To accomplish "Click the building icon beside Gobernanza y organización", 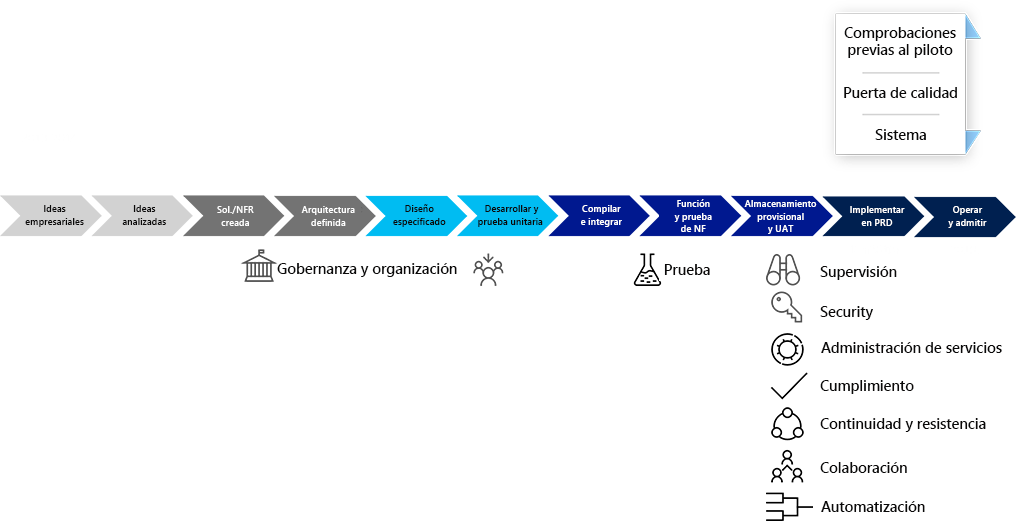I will pyautogui.click(x=258, y=267).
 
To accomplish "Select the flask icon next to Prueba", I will pyautogui.click(x=647, y=270).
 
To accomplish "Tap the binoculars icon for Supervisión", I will pyautogui.click(x=785, y=271).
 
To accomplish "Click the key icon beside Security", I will pyautogui.click(x=785, y=309).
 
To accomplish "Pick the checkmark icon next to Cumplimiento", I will pyautogui.click(x=788, y=385).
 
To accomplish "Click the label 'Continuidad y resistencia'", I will pyautogui.click(x=902, y=424).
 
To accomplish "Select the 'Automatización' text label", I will pyautogui.click(x=872, y=507).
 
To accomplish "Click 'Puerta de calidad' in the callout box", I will pyautogui.click(x=900, y=93).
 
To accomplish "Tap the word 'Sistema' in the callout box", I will pyautogui.click(x=900, y=135).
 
